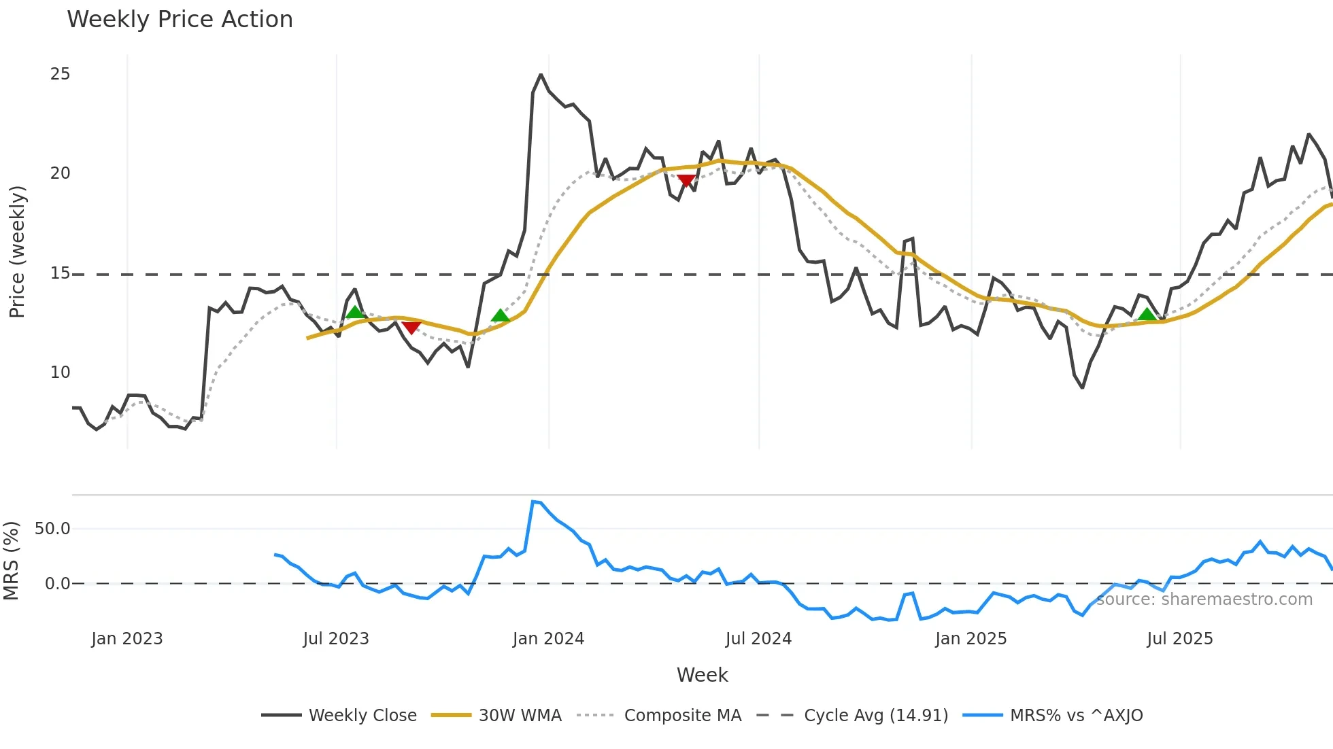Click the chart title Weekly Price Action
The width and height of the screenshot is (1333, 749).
pyautogui.click(x=180, y=20)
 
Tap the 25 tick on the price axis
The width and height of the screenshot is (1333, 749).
pyautogui.click(x=60, y=74)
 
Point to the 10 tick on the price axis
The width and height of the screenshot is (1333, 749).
pyautogui.click(x=60, y=372)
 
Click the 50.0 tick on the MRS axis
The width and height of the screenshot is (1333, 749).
pyautogui.click(x=52, y=529)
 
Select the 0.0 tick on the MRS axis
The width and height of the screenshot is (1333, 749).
pyautogui.click(x=57, y=584)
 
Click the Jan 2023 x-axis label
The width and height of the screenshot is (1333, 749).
pyautogui.click(x=127, y=639)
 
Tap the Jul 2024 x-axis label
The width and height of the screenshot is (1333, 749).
pyautogui.click(x=758, y=639)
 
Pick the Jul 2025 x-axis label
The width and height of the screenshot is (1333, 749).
pyautogui.click(x=1179, y=639)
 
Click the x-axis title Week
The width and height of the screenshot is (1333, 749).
pyautogui.click(x=702, y=675)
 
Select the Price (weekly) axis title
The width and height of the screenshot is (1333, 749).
pyautogui.click(x=17, y=251)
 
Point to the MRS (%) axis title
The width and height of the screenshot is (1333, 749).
pyautogui.click(x=11, y=561)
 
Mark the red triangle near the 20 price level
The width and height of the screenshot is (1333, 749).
pyautogui.click(x=686, y=181)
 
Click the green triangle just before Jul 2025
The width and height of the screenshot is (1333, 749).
pyautogui.click(x=1147, y=314)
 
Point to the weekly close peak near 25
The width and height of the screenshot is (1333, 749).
pyautogui.click(x=541, y=75)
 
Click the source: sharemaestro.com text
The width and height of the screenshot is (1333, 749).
pyautogui.click(x=1204, y=599)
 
